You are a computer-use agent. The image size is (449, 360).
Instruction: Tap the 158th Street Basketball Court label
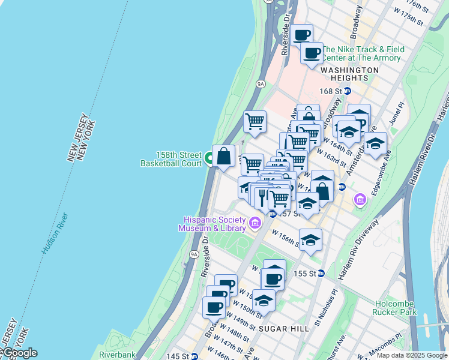coord(171,158)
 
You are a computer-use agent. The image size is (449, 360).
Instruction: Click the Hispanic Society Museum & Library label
coord(215,224)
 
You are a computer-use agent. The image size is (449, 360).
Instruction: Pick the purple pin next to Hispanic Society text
coord(255,224)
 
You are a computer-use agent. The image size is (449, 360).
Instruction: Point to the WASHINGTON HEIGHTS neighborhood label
coord(349,74)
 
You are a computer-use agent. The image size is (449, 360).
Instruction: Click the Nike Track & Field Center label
coord(362,53)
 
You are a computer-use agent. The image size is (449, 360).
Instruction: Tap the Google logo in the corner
coord(20,353)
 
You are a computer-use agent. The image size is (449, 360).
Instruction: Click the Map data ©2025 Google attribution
coord(412,355)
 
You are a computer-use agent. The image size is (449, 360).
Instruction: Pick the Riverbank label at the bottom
coord(118,355)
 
